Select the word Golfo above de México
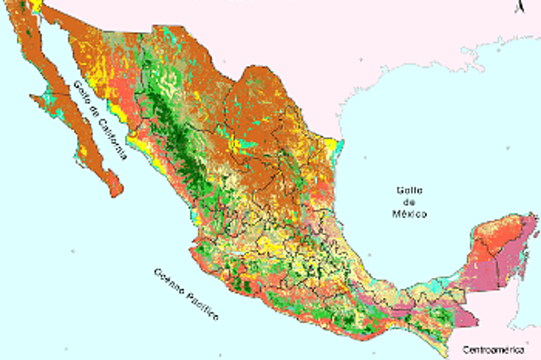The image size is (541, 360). click(x=410, y=191)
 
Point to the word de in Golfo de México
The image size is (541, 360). click(x=410, y=203)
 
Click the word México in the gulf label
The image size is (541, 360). click(x=410, y=215)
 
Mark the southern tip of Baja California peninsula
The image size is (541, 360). click(x=113, y=194)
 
